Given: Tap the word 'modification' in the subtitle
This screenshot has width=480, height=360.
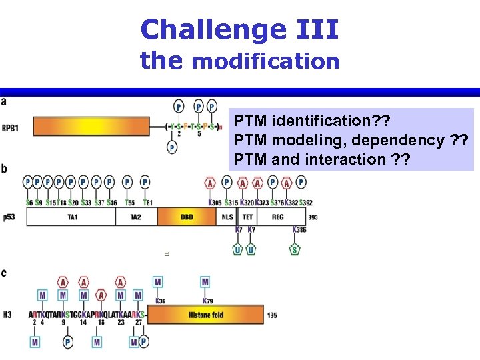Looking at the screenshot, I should (x=265, y=62).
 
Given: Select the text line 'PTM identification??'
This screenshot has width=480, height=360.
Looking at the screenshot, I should (x=311, y=122).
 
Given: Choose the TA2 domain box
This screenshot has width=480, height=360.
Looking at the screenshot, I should (x=135, y=217).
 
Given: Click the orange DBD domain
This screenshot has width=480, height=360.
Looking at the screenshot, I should (x=187, y=217).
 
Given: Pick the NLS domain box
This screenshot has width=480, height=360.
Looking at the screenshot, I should (x=227, y=217).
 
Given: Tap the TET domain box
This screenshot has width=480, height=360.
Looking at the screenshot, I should (x=247, y=217).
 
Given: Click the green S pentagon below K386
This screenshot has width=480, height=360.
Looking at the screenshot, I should (x=295, y=249).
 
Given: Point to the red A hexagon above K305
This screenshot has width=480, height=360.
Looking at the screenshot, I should (x=211, y=183).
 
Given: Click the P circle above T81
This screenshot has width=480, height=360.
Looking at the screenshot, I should (x=145, y=182).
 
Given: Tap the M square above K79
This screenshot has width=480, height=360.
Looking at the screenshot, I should (x=205, y=283).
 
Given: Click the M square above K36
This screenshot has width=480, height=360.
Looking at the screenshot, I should (x=158, y=283).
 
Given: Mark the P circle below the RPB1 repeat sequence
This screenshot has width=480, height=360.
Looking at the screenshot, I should (x=172, y=147).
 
